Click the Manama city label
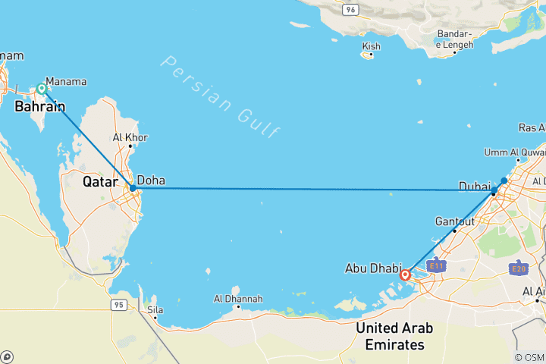click(x=66, y=81)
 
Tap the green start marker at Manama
click(x=42, y=89)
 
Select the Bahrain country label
click(x=39, y=107)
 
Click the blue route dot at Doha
click(x=133, y=187)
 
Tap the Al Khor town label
click(x=130, y=138)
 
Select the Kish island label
click(x=371, y=46)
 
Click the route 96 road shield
click(x=350, y=9)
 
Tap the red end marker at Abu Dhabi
click(x=406, y=275)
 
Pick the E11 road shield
click(x=435, y=266)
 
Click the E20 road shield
click(x=519, y=268)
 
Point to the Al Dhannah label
click(x=238, y=299)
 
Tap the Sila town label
click(x=155, y=309)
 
